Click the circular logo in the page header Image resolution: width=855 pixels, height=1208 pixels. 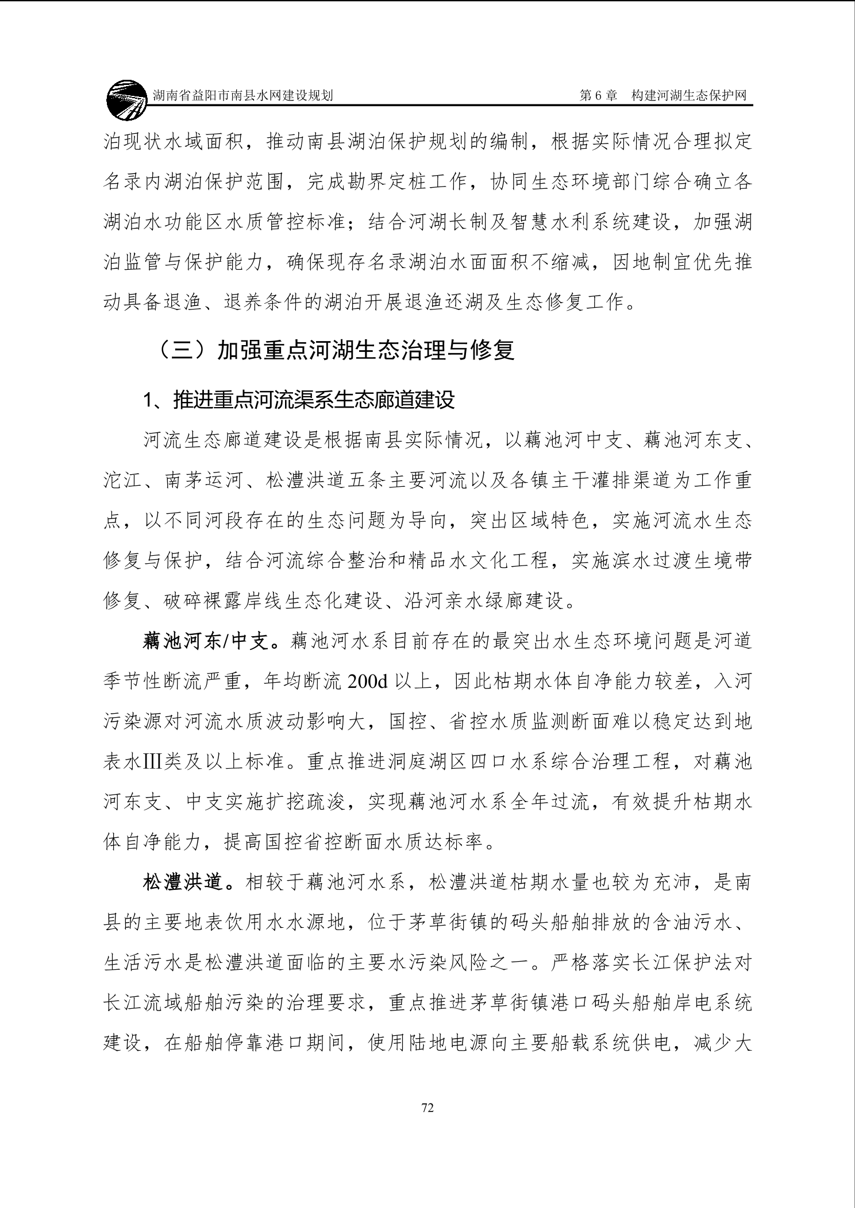pyautogui.click(x=126, y=100)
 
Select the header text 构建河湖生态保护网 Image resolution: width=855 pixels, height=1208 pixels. pyautogui.click(x=688, y=96)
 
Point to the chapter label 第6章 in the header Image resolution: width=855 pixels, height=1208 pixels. pyautogui.click(x=598, y=96)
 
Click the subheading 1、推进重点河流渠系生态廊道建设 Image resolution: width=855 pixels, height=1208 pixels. pyautogui.click(x=299, y=400)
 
